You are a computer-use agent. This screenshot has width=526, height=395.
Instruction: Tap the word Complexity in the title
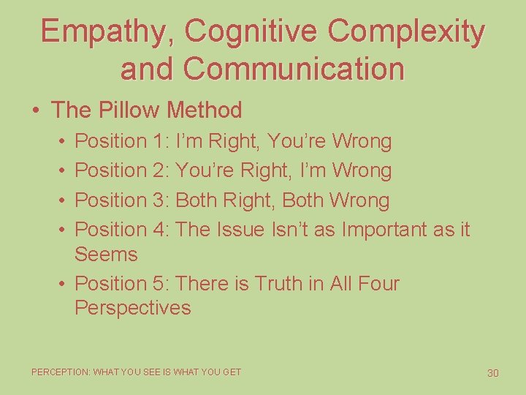pyautogui.click(x=407, y=31)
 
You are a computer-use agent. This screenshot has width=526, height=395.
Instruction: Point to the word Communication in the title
pyautogui.click(x=294, y=69)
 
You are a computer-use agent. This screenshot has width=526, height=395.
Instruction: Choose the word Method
pyautogui.click(x=204, y=110)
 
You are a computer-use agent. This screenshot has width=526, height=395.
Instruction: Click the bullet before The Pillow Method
pyautogui.click(x=36, y=111)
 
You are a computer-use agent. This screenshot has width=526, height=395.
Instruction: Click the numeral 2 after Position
pyautogui.click(x=160, y=170)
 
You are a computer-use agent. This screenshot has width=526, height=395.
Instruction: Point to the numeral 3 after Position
pyautogui.click(x=160, y=200)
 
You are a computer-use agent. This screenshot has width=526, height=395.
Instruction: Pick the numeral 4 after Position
pyautogui.click(x=160, y=230)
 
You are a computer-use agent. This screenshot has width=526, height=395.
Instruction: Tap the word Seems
pyautogui.click(x=106, y=255)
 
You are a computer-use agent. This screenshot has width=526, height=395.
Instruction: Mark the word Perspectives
pyautogui.click(x=132, y=308)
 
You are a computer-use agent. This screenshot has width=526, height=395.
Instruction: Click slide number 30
pyautogui.click(x=492, y=373)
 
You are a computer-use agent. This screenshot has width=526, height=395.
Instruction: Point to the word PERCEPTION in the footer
pyautogui.click(x=60, y=372)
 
